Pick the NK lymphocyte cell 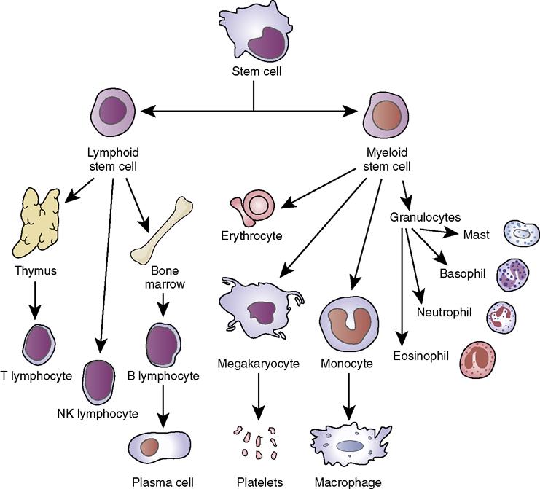[x=98, y=382]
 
